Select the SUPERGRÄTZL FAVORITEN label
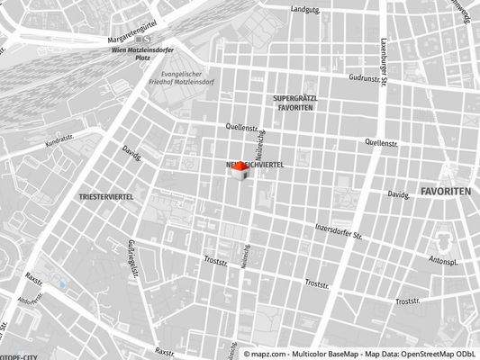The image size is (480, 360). [x=294, y=102]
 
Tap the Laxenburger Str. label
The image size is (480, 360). [x=384, y=54]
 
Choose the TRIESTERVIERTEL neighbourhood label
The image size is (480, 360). [x=107, y=194]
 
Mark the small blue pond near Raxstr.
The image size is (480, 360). [x=62, y=285]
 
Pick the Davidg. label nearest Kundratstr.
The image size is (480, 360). [x=132, y=154]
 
